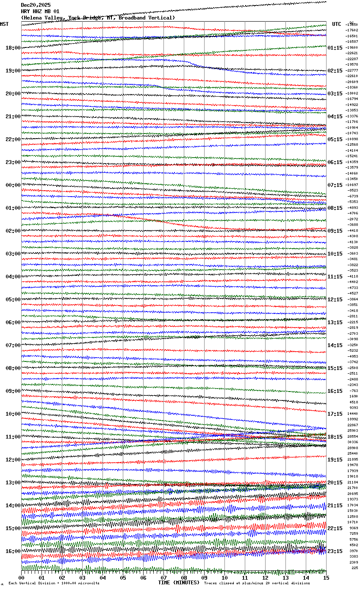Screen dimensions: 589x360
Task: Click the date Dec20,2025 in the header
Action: (x=36, y=5)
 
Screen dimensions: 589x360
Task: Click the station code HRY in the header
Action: (x=25, y=11)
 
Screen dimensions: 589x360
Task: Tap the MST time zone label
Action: (x=4, y=24)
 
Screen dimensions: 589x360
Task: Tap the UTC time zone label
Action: (x=337, y=24)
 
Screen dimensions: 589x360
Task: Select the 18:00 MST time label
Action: (x=13, y=48)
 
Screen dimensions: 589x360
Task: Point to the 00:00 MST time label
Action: (x=13, y=185)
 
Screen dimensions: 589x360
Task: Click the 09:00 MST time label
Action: (x=13, y=391)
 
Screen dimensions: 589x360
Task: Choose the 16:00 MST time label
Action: (x=13, y=551)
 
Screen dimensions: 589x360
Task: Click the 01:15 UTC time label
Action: (x=335, y=48)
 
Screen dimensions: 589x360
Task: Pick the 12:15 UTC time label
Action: (x=335, y=300)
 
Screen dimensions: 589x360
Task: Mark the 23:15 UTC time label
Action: (x=335, y=551)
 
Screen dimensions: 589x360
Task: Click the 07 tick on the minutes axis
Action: (x=164, y=578)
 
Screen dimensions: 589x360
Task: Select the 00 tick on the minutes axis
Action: (x=22, y=578)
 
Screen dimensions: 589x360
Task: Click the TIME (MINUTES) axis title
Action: (x=179, y=583)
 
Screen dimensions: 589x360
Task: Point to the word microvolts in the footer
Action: (x=88, y=583)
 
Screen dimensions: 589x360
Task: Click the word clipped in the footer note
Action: (x=228, y=583)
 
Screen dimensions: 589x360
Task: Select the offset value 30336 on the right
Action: (x=353, y=442)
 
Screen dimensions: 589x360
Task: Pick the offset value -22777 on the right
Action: (x=352, y=70)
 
